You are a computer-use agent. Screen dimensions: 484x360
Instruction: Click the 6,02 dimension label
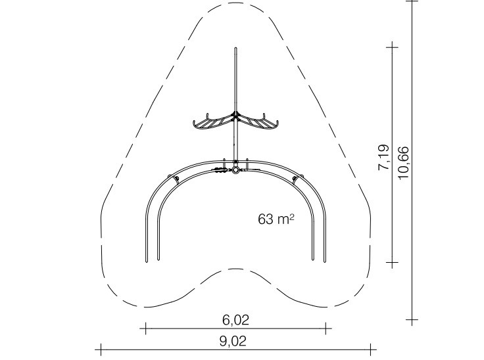[235, 320]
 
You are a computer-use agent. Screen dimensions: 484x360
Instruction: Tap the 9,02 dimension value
[233, 341]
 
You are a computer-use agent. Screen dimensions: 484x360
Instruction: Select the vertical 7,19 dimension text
[384, 157]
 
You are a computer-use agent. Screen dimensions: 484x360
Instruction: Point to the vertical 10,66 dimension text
[403, 162]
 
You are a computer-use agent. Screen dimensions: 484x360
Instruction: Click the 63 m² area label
[276, 219]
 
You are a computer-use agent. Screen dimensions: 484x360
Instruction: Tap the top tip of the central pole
[236, 48]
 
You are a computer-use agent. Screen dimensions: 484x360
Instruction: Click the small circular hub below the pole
[235, 169]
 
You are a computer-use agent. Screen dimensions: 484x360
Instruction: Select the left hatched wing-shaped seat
[213, 122]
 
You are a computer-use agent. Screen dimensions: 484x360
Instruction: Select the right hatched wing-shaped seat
[258, 122]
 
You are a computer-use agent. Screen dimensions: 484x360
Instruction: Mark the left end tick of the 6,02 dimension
[145, 328]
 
